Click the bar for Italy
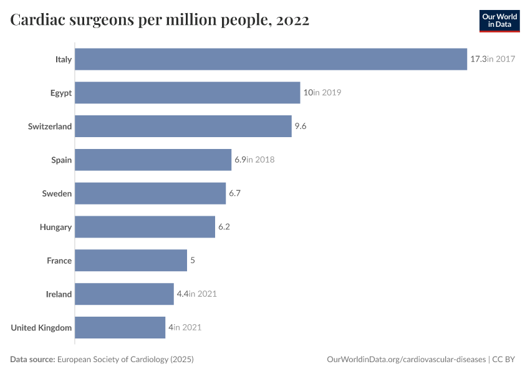tap(271, 59)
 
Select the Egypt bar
tap(187, 93)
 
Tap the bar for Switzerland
tap(183, 127)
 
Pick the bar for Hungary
tap(145, 227)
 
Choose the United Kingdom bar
tap(120, 327)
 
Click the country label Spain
tap(61, 160)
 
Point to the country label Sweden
tap(57, 194)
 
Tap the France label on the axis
tap(59, 261)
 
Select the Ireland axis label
tap(59, 294)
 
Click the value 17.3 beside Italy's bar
tap(478, 59)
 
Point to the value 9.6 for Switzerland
tap(301, 127)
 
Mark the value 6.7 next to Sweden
tap(234, 194)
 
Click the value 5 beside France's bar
tap(193, 261)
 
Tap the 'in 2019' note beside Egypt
tap(327, 93)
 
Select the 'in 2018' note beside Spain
tap(261, 160)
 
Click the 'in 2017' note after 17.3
tap(501, 59)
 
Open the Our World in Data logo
tap(499, 21)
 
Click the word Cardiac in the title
tap(38, 21)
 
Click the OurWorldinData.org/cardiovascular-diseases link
tap(406, 360)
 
